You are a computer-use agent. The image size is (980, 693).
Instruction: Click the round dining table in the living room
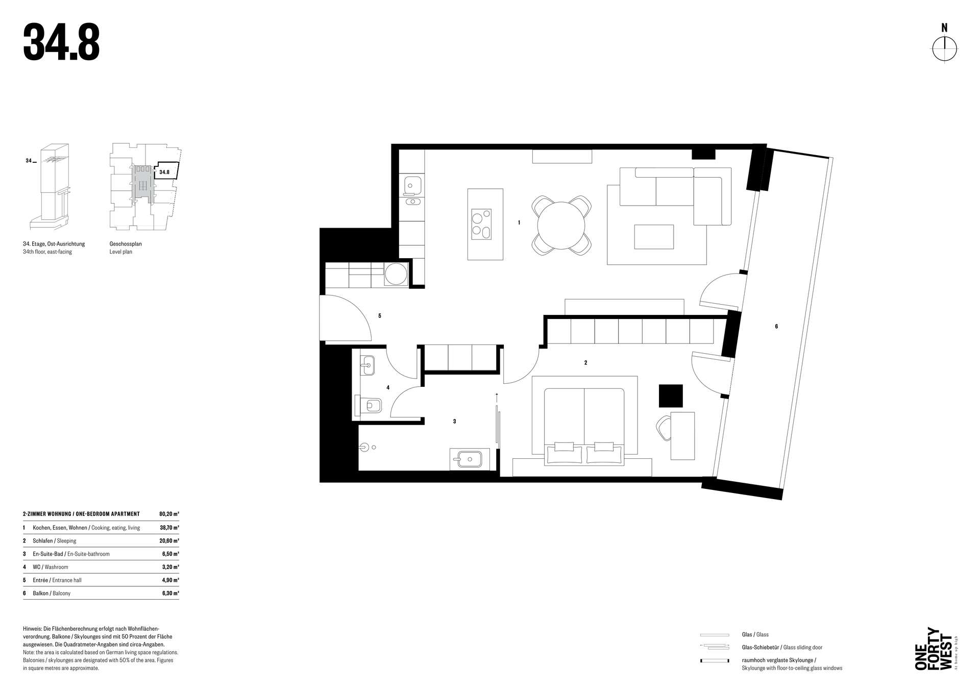pyautogui.click(x=561, y=225)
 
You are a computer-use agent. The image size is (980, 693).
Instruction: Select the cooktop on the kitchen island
pyautogui.click(x=481, y=224)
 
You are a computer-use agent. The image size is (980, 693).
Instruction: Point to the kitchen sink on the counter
pyautogui.click(x=412, y=185)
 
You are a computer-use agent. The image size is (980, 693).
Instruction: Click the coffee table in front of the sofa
pyautogui.click(x=654, y=237)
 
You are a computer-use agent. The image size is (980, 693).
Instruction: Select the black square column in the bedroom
pyautogui.click(x=671, y=395)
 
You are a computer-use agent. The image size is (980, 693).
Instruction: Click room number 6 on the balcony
pyautogui.click(x=776, y=327)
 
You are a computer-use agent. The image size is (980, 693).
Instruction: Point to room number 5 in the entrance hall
pyautogui.click(x=380, y=316)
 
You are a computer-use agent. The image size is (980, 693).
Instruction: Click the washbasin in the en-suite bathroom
pyautogui.click(x=470, y=459)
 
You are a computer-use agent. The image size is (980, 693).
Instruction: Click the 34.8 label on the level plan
pyautogui.click(x=164, y=172)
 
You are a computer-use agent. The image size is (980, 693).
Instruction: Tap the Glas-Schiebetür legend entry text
pyautogui.click(x=782, y=648)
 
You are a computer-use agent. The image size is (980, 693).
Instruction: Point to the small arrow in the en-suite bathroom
pyautogui.click(x=497, y=398)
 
